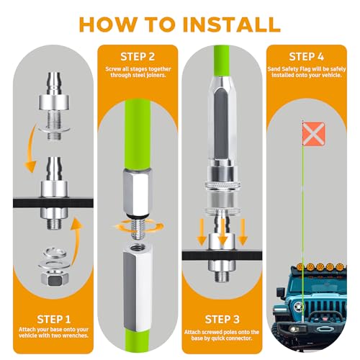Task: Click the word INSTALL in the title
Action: [232, 24]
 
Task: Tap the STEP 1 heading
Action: [54, 320]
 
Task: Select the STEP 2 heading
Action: [138, 57]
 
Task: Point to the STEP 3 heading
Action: [222, 320]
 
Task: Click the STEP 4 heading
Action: [307, 57]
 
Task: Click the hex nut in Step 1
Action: [55, 278]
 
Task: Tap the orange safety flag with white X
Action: [314, 133]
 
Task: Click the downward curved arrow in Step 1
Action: [30, 150]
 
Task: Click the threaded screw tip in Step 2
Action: [138, 229]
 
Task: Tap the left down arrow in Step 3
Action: [202, 232]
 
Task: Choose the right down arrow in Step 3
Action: [243, 232]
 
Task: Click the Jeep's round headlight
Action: [299, 307]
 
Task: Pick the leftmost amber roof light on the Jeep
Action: [300, 266]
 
